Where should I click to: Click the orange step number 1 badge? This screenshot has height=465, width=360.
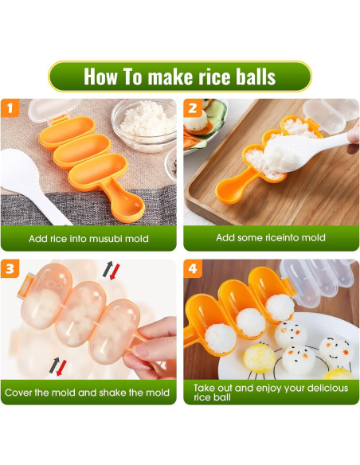click(10, 108)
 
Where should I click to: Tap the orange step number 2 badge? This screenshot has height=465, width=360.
click(193, 108)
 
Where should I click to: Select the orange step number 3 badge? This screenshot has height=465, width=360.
click(10, 268)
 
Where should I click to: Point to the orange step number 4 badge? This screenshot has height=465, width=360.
click(193, 268)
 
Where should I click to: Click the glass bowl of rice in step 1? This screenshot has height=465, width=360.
click(144, 125)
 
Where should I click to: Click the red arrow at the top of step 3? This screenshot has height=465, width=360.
click(115, 272)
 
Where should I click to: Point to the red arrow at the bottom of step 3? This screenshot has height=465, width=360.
click(61, 368)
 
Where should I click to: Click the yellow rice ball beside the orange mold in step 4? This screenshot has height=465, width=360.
click(260, 358)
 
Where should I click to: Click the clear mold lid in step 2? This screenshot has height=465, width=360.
click(331, 115)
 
